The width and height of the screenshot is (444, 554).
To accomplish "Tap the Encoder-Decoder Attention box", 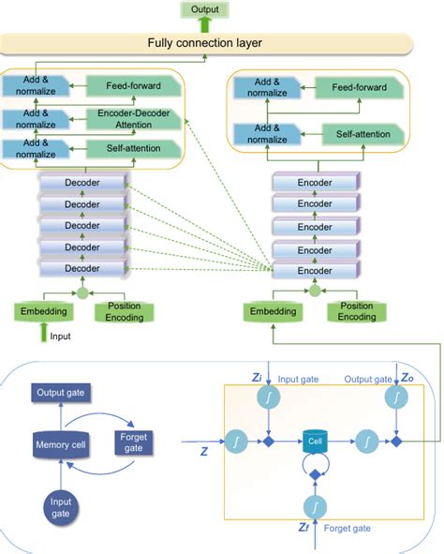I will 132,118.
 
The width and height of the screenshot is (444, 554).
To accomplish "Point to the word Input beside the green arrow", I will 60,336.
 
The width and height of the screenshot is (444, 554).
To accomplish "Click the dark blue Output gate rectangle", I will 60,392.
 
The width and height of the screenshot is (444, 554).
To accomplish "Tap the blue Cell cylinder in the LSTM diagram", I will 314,439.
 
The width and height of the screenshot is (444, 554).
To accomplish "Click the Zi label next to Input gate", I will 258,377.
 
